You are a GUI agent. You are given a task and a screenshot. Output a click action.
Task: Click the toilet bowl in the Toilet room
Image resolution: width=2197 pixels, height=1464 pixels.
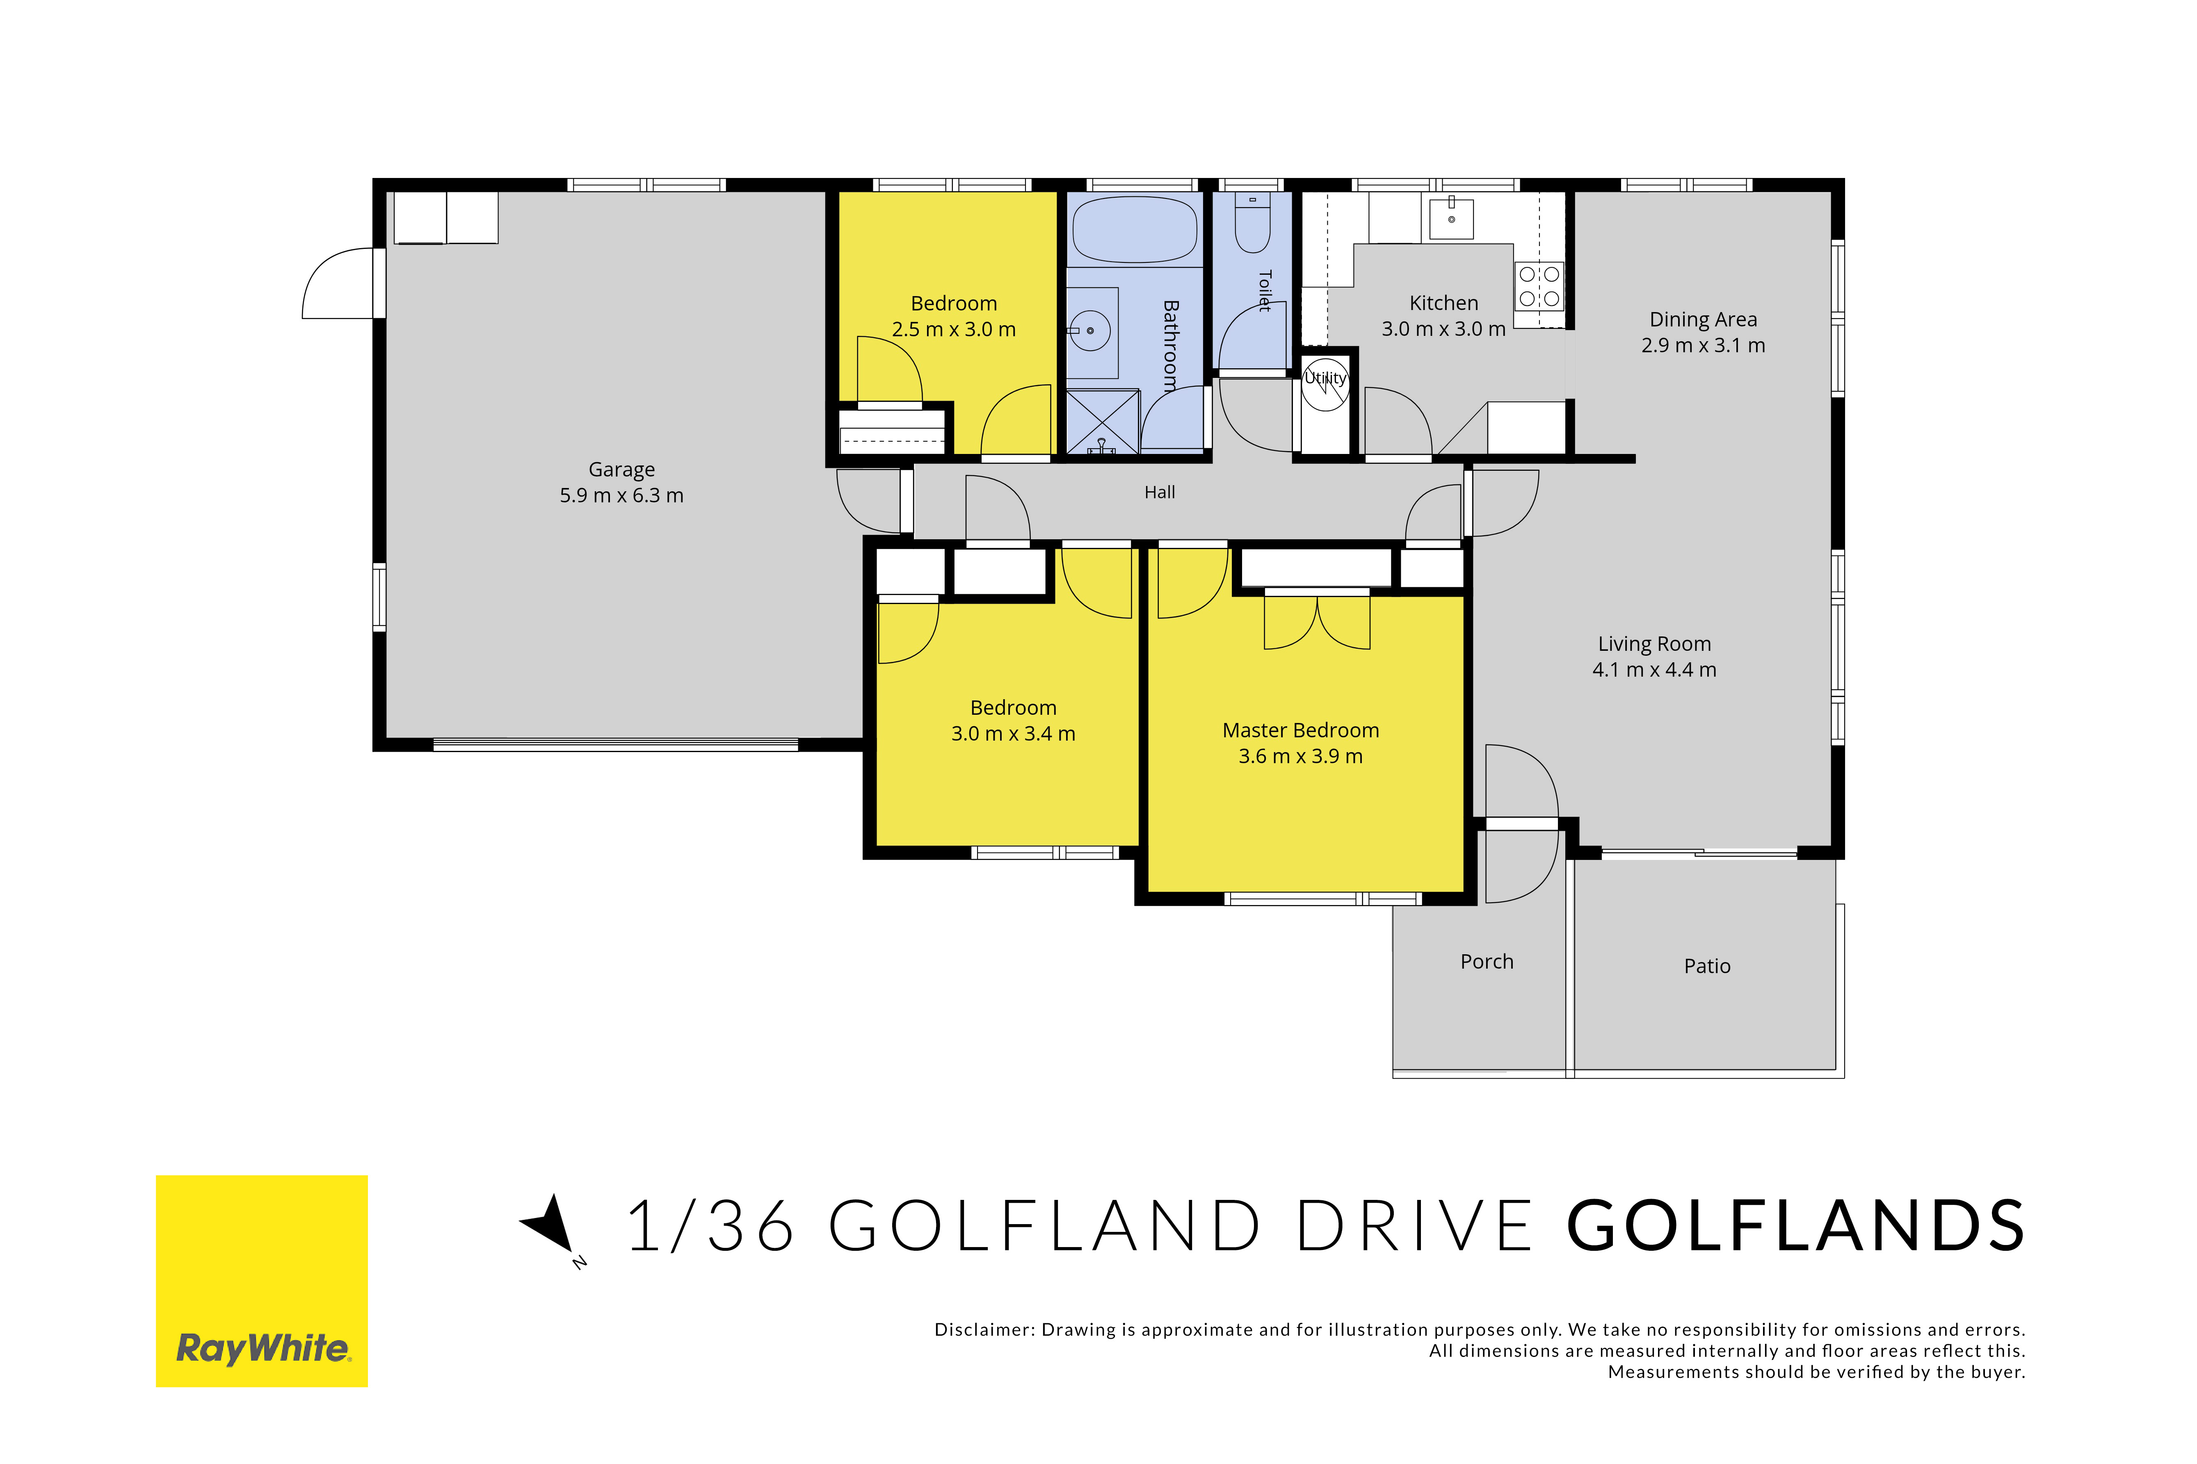(x=1252, y=224)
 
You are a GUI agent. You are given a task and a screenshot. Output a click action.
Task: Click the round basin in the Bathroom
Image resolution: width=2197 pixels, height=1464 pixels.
(x=1089, y=331)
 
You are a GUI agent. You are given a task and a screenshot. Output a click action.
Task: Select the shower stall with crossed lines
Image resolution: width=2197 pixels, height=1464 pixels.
(x=1103, y=422)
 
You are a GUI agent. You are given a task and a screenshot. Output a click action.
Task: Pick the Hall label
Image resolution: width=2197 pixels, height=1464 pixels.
(x=1160, y=492)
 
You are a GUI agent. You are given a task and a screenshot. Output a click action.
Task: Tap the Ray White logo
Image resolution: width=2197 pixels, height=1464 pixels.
(x=261, y=1281)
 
